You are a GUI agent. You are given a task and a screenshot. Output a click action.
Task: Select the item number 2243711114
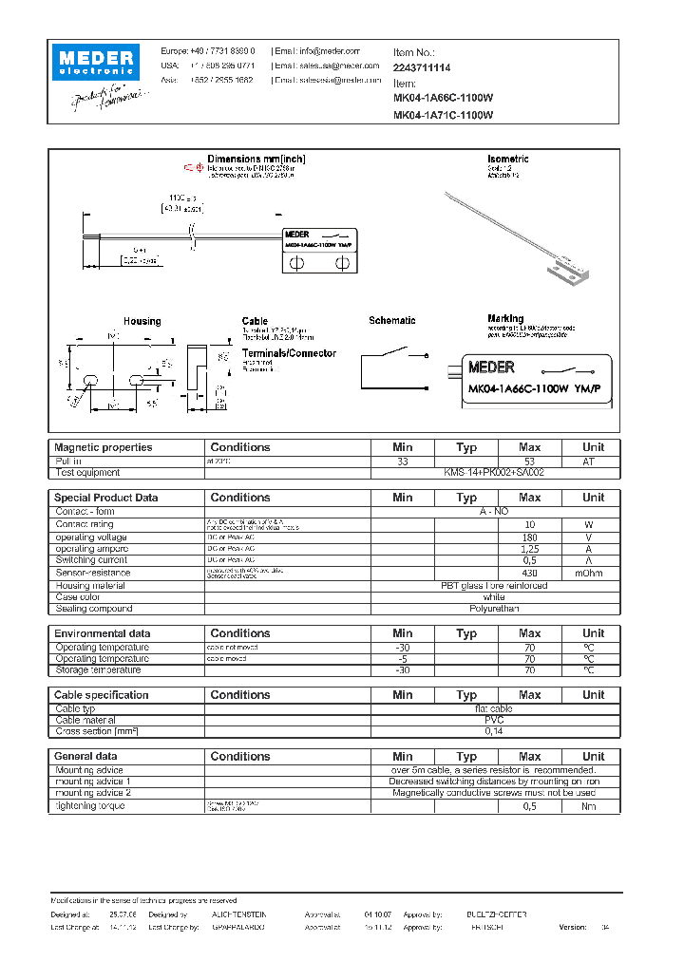422,68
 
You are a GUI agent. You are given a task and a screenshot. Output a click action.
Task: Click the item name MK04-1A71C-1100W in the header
443,116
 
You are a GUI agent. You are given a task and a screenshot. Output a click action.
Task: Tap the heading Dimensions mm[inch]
256,159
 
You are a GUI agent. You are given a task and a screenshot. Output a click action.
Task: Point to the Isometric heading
507,159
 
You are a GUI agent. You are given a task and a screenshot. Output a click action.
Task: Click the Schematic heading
391,321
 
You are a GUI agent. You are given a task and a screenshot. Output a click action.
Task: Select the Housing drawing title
142,322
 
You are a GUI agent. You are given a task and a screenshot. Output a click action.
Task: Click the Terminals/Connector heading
289,353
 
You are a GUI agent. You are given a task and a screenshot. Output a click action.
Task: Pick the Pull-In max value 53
529,461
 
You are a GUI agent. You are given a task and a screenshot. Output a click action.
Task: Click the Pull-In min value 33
403,461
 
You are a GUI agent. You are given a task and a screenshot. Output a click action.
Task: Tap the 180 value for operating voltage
529,537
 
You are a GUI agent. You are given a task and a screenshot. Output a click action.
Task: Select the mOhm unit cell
593,573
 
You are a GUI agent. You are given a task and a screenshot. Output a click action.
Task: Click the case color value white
493,596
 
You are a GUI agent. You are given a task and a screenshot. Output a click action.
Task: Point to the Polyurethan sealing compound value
493,609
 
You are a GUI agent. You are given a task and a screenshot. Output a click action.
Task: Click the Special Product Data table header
105,498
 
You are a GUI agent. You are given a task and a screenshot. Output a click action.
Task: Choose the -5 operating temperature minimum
403,658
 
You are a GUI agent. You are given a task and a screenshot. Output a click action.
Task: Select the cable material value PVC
493,720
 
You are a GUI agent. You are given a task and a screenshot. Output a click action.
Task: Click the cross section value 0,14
493,732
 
